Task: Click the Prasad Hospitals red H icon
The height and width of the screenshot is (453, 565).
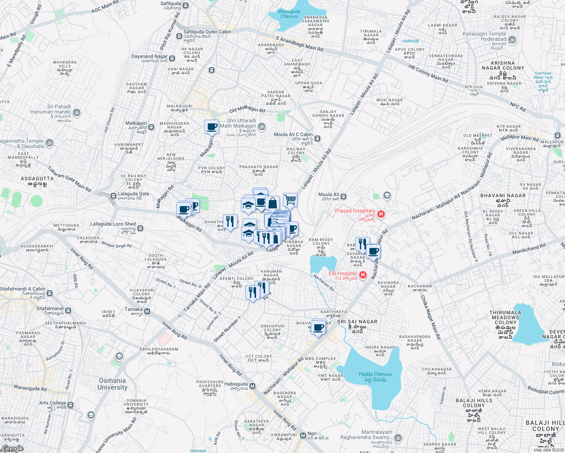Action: pyautogui.click(x=381, y=214)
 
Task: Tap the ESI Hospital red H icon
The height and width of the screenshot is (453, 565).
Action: pyautogui.click(x=363, y=275)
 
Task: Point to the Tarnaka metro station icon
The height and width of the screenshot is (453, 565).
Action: pyautogui.click(x=147, y=311)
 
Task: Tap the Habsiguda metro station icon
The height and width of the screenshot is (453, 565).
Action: pyautogui.click(x=253, y=386)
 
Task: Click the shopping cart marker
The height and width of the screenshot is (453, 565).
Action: pyautogui.click(x=290, y=200)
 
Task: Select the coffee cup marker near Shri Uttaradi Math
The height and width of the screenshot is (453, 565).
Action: pyautogui.click(x=212, y=126)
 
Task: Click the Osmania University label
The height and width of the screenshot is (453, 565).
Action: pyautogui.click(x=112, y=384)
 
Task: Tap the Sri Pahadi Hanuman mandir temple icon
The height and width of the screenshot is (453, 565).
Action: pyautogui.click(x=77, y=112)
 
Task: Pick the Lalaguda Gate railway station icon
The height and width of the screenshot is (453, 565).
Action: pyautogui.click(x=113, y=196)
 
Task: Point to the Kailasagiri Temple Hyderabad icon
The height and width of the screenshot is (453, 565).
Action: pyautogui.click(x=512, y=39)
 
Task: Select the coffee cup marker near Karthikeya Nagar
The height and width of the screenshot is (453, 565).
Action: pyautogui.click(x=319, y=327)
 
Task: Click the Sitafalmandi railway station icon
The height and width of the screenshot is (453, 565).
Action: pyautogui.click(x=68, y=311)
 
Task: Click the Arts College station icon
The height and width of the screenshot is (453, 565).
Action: pyautogui.click(x=70, y=405)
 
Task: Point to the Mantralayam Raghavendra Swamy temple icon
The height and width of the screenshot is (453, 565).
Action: pyautogui.click(x=398, y=438)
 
